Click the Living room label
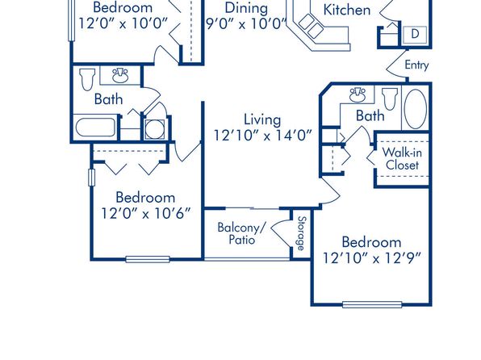262,119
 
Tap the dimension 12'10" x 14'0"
262,136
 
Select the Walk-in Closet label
402,159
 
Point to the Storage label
302,233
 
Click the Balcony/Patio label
242,233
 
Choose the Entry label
416,65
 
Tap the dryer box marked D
415,34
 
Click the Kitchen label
347,10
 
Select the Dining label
246,8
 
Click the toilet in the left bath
87,79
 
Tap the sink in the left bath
120,76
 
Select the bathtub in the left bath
95,127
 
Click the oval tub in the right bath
416,109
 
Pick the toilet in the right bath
390,98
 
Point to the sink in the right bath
358,94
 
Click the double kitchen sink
311,26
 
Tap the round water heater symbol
155,129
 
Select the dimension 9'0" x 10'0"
246,23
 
